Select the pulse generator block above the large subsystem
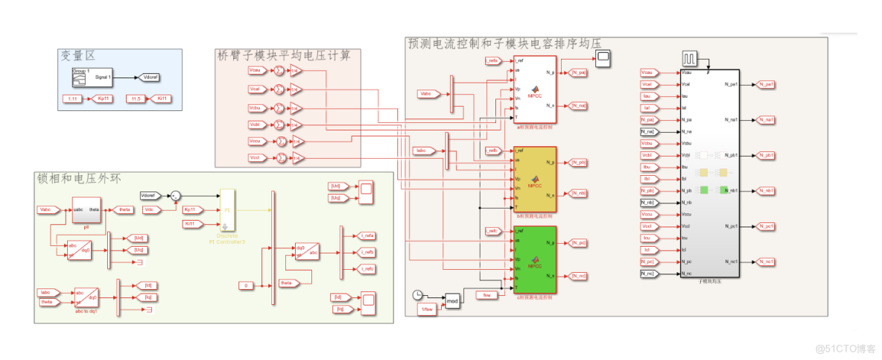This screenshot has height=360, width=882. pyautogui.click(x=691, y=58)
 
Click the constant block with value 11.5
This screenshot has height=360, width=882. pyautogui.click(x=136, y=98)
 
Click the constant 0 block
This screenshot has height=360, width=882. pyautogui.click(x=246, y=285)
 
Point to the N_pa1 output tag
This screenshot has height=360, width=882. pyautogui.click(x=766, y=84)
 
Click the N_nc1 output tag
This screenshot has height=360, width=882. pyautogui.click(x=766, y=262)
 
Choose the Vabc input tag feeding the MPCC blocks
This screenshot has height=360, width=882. pyautogui.click(x=429, y=93)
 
